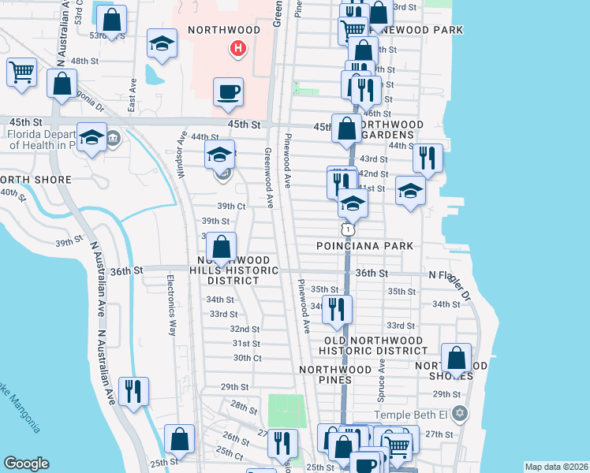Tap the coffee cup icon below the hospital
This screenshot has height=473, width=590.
tap(228, 91)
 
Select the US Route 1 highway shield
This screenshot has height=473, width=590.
tap(346, 229)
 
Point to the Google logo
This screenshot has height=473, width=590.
tap(26, 464)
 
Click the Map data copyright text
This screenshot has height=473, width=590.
tap(556, 467)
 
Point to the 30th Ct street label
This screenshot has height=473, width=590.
tap(247, 358)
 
